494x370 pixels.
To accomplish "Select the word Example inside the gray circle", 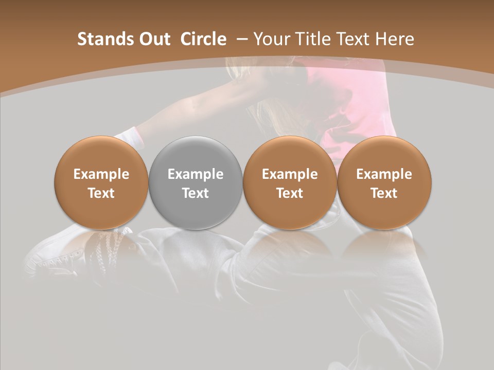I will (196, 174).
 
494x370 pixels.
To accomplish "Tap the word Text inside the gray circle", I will (196, 193).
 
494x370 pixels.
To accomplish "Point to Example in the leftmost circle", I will (101, 174).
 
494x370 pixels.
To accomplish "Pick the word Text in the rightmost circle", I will (384, 193).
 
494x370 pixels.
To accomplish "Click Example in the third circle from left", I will (290, 174).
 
